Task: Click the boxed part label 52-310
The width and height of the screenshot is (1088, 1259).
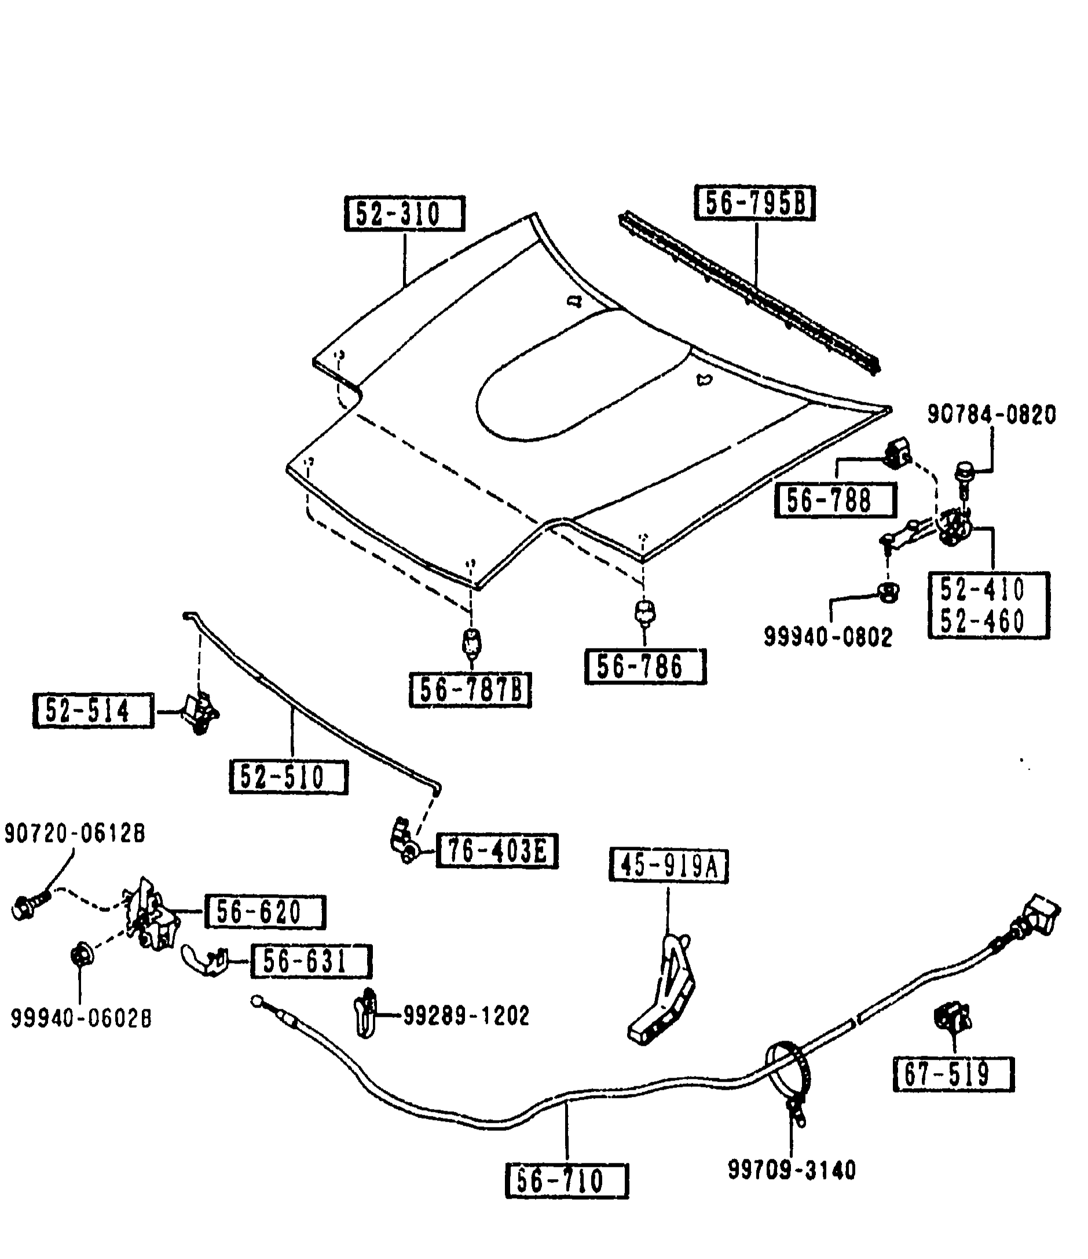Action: pyautogui.click(x=404, y=213)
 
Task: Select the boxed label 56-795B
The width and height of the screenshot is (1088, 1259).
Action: pyautogui.click(x=754, y=202)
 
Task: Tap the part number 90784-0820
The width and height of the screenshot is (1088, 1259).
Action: pyautogui.click(x=991, y=415)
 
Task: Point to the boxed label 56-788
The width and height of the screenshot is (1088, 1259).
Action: pyautogui.click(x=836, y=500)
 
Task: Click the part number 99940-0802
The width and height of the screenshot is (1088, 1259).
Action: pyautogui.click(x=828, y=637)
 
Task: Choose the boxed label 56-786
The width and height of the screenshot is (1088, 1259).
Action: pyautogui.click(x=645, y=667)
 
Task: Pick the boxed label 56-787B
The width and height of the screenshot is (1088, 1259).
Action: pyautogui.click(x=470, y=690)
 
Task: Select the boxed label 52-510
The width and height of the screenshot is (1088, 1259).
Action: pyautogui.click(x=288, y=777)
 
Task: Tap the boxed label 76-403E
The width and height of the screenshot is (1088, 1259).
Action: pyautogui.click(x=497, y=851)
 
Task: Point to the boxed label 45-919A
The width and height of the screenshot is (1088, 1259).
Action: pyautogui.click(x=668, y=865)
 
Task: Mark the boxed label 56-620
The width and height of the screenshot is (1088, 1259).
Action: pyautogui.click(x=265, y=912)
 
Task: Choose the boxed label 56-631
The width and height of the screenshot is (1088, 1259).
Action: pyautogui.click(x=311, y=961)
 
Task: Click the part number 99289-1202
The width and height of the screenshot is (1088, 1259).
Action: pyautogui.click(x=467, y=1015)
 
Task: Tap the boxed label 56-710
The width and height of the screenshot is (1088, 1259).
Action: pyautogui.click(x=567, y=1181)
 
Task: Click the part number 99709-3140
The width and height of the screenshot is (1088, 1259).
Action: pyautogui.click(x=792, y=1170)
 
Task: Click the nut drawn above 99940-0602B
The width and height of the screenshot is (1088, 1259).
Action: pyautogui.click(x=82, y=956)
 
